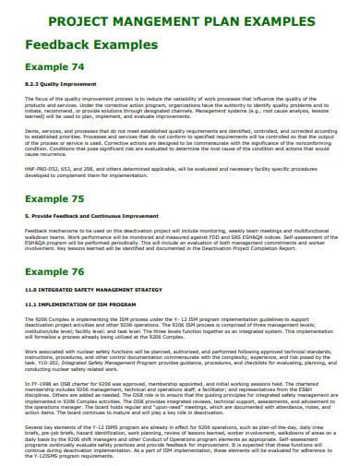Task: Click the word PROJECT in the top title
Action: (77, 18)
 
